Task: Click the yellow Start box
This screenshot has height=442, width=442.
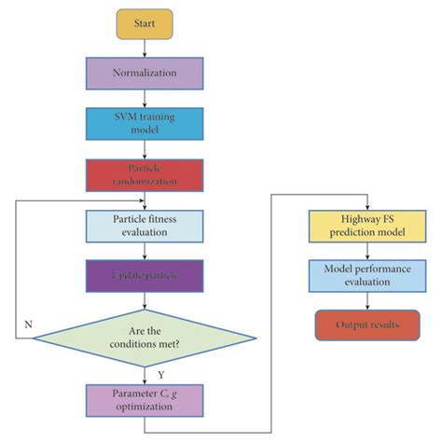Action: coord(145,24)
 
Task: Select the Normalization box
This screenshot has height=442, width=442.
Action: coord(145,74)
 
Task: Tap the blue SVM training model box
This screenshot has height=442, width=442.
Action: coord(145,123)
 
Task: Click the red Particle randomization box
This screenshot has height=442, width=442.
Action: coord(145,173)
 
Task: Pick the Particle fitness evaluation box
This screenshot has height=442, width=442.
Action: coord(145,224)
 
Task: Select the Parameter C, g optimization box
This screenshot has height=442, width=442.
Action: coord(145,400)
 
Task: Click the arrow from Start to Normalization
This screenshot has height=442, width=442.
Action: coord(145,48)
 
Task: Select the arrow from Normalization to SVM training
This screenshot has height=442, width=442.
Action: coord(145,98)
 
